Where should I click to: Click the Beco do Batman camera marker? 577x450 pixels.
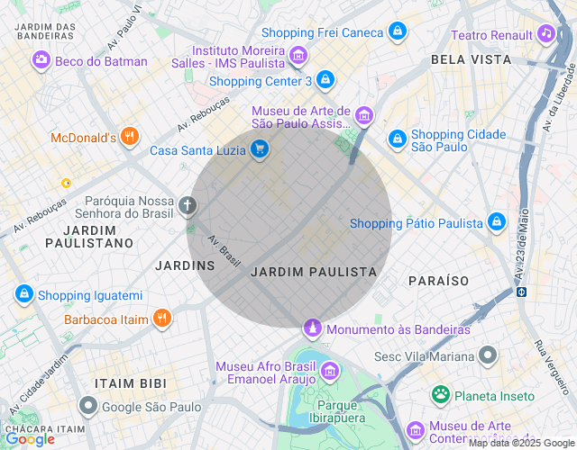coord(41,61)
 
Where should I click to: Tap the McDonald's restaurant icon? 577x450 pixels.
coord(130,138)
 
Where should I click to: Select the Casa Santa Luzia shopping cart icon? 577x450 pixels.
coord(260,149)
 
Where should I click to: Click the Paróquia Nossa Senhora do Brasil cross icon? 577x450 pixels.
coord(188,206)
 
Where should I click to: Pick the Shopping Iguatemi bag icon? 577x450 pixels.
coord(24,294)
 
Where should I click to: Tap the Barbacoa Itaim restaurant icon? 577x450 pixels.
coord(161,319)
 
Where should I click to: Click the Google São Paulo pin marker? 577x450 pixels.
coord(88,407)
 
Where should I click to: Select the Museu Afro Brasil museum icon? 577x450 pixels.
coord(330,371)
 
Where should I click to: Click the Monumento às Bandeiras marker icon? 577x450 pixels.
coord(313,328)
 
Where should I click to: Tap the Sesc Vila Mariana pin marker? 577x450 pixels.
coord(488,355)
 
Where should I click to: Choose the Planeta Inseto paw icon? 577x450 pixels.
coord(441,395)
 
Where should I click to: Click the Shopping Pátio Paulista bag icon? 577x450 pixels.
coord(496,222)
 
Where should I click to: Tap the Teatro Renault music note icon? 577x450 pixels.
coord(545,34)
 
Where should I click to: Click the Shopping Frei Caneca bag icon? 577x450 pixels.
coord(398,32)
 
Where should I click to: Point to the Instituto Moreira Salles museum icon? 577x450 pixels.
coord(298,58)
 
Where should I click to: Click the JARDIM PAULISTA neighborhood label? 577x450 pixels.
coord(313,272)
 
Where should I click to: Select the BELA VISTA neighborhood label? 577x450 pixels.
coord(471,59)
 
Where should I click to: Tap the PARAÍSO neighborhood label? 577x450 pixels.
coord(438,281)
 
